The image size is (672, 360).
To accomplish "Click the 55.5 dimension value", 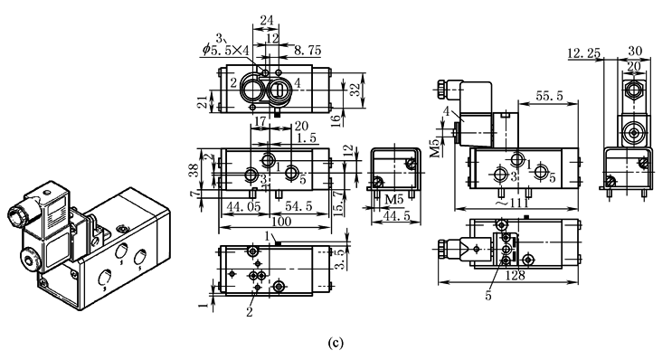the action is (x=549, y=96).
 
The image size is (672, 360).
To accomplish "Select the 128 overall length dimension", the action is (x=515, y=275).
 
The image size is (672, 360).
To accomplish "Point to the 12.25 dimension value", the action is (x=583, y=53).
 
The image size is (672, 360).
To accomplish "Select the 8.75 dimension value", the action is (x=308, y=51).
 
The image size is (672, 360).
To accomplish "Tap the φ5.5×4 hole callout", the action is (x=226, y=50).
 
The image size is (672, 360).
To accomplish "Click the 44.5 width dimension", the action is (x=395, y=216).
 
